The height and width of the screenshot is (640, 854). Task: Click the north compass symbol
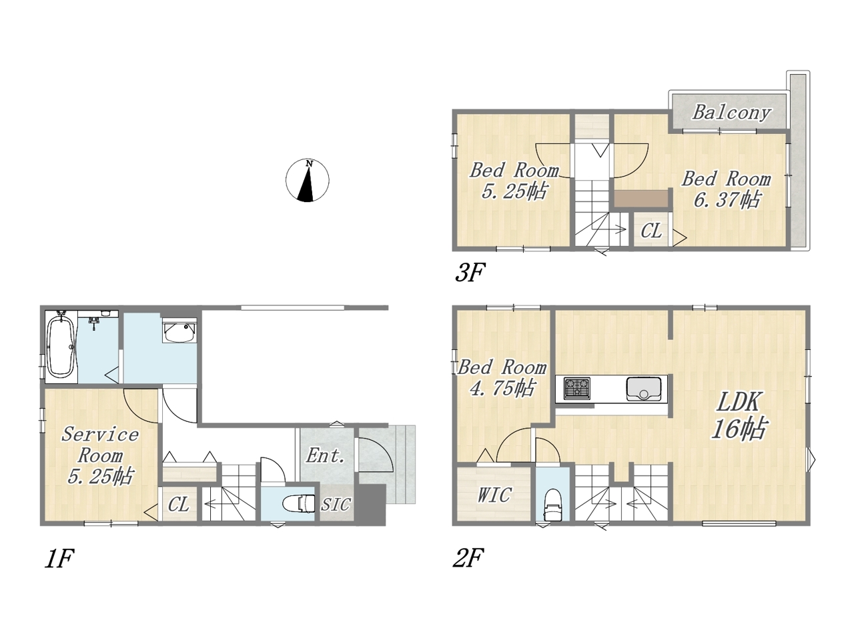pyautogui.click(x=308, y=180)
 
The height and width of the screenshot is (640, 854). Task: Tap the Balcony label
pyautogui.click(x=731, y=113)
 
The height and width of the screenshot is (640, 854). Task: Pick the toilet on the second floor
pyautogui.click(x=553, y=505)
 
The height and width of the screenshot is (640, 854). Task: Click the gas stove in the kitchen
pyautogui.click(x=577, y=388)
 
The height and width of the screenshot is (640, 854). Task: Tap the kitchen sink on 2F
pyautogui.click(x=643, y=388)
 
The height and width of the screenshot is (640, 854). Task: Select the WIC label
pyautogui.click(x=494, y=495)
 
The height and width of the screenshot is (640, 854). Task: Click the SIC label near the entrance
pyautogui.click(x=336, y=505)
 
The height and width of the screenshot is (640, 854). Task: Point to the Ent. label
pyautogui.click(x=326, y=455)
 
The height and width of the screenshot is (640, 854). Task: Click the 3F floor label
pyautogui.click(x=470, y=272)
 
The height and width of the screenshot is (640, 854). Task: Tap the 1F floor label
pyautogui.click(x=59, y=559)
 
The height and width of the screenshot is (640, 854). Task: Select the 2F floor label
pyautogui.click(x=468, y=558)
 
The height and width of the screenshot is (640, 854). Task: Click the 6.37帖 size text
pyautogui.click(x=727, y=200)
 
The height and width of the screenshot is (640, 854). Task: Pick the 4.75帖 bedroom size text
pyautogui.click(x=502, y=387)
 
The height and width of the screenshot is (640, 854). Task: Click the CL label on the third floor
pyautogui.click(x=651, y=231)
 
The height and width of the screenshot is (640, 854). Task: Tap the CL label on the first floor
pyautogui.click(x=179, y=505)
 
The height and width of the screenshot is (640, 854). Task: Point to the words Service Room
pyautogui.click(x=100, y=445)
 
